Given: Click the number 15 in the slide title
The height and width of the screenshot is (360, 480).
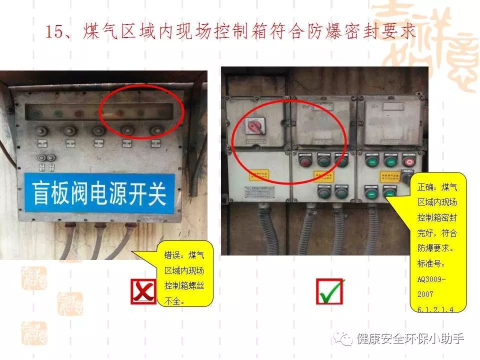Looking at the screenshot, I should pyautogui.click(x=53, y=31).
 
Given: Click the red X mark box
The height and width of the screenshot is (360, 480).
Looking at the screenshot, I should pyautogui.click(x=143, y=291).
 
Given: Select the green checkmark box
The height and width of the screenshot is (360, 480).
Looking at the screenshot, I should pyautogui.click(x=329, y=291).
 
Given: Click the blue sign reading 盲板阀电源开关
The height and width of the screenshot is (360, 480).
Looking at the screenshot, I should pyautogui.click(x=100, y=193).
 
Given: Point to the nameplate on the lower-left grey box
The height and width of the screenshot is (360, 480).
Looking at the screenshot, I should pyautogui.click(x=257, y=193).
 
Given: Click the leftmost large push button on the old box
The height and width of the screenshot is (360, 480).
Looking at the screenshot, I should pyautogui.click(x=39, y=131).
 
